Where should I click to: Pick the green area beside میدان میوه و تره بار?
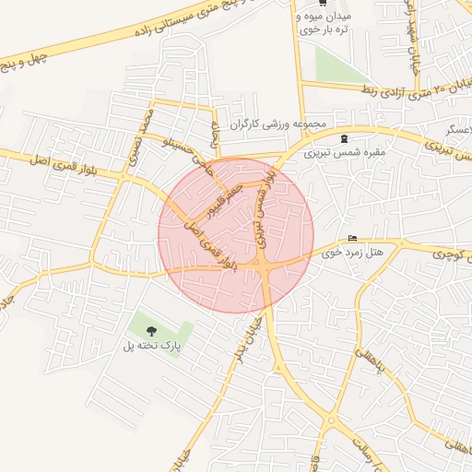[337, 63]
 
